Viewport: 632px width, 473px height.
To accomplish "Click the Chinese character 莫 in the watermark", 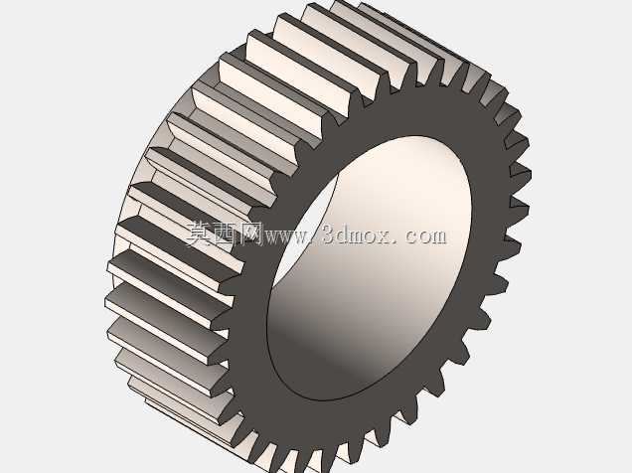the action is tap(199, 234).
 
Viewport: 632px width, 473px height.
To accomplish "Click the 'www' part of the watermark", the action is tap(286, 236).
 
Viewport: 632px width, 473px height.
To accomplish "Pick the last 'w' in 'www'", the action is tap(301, 236).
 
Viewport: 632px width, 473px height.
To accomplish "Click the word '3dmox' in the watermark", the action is tap(357, 234).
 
